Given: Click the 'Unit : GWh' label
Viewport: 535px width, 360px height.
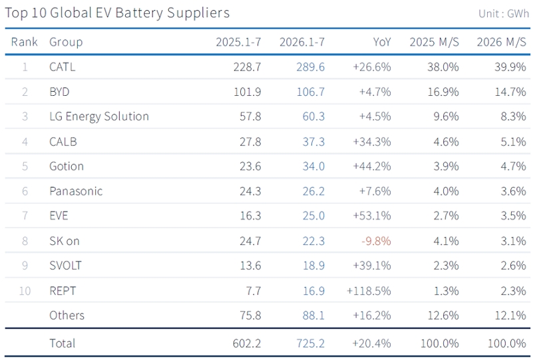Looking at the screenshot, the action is click(504, 14).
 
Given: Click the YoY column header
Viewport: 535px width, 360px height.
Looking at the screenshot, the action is click(382, 42).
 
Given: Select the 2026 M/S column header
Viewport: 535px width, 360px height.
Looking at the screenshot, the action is click(501, 42).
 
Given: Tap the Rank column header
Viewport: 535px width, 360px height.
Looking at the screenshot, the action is click(24, 42).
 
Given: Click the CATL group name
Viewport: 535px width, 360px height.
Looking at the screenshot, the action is click(62, 67).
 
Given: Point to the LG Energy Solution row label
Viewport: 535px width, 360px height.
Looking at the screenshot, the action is click(99, 116).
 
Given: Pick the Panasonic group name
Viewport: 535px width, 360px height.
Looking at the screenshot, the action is click(76, 191).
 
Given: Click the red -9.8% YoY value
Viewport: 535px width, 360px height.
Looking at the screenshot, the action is click(376, 241).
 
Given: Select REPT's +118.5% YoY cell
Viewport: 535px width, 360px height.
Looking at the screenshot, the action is click(369, 291).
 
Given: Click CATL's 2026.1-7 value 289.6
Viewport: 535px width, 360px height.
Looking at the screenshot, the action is click(310, 67).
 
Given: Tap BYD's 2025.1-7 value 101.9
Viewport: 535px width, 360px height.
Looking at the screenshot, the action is click(247, 92).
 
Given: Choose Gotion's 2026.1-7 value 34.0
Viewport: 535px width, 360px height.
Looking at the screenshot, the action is click(313, 166).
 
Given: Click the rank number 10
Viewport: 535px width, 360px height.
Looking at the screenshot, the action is click(25, 291).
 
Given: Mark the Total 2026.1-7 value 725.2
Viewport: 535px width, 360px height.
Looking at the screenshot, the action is click(310, 343).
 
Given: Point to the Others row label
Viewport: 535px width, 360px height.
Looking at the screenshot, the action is click(67, 315).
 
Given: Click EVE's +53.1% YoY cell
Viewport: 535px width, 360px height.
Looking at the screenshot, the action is click(371, 216).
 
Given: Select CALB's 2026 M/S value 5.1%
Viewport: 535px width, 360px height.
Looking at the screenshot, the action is click(513, 142).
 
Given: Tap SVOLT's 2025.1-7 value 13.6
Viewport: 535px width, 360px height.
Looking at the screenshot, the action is click(250, 266).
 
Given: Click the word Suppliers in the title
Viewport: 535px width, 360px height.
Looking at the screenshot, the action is click(198, 13).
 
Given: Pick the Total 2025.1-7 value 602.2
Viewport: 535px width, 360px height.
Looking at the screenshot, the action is click(247, 343).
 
